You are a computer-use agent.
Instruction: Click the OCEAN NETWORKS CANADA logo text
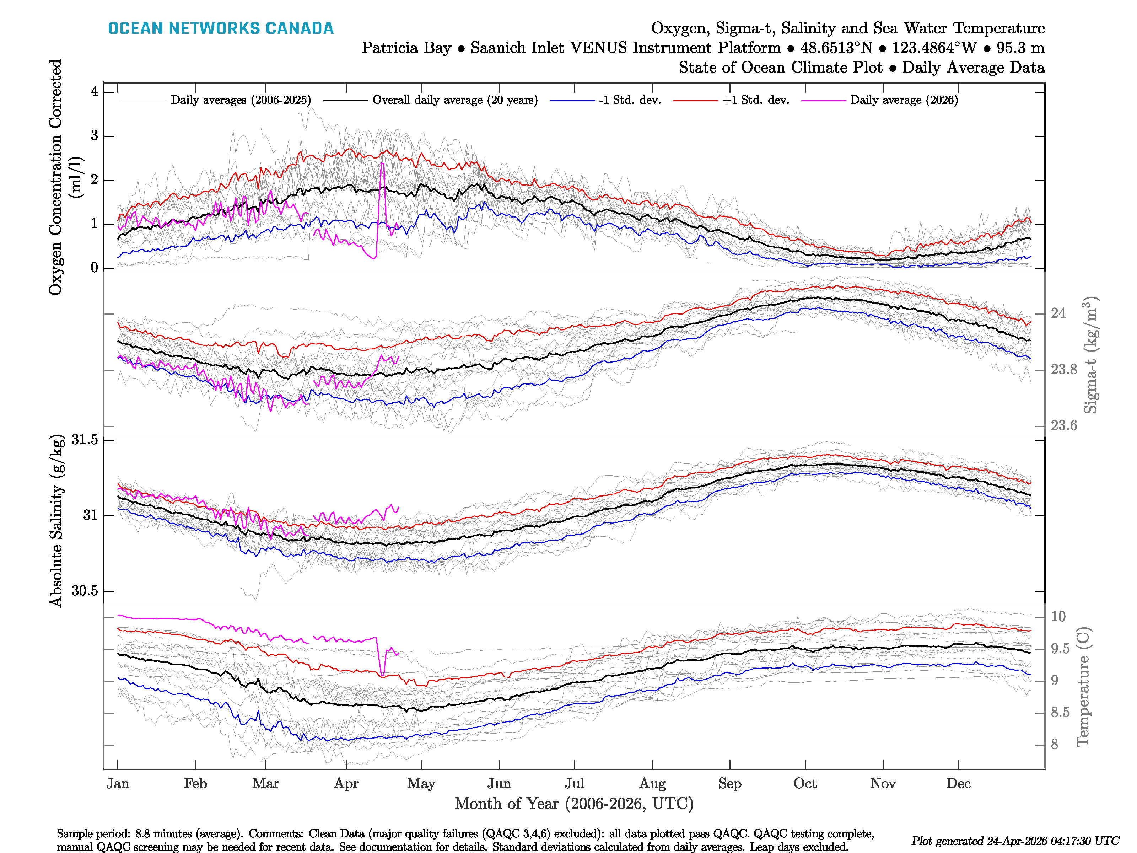click(x=221, y=28)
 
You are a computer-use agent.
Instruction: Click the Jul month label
click(x=574, y=784)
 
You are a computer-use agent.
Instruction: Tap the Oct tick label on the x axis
click(x=804, y=784)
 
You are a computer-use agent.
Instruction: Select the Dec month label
click(x=958, y=784)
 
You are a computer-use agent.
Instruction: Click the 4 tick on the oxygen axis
click(x=94, y=92)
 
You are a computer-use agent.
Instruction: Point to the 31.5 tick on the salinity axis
click(x=85, y=440)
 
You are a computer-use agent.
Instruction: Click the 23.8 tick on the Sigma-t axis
click(x=1063, y=369)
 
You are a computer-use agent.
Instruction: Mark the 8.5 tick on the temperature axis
click(x=1060, y=712)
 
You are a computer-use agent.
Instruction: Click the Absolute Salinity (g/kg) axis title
click(x=56, y=520)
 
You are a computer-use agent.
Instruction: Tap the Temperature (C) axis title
click(x=1083, y=686)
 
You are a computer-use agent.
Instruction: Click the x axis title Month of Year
click(x=573, y=804)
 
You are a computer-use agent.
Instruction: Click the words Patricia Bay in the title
click(x=406, y=48)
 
